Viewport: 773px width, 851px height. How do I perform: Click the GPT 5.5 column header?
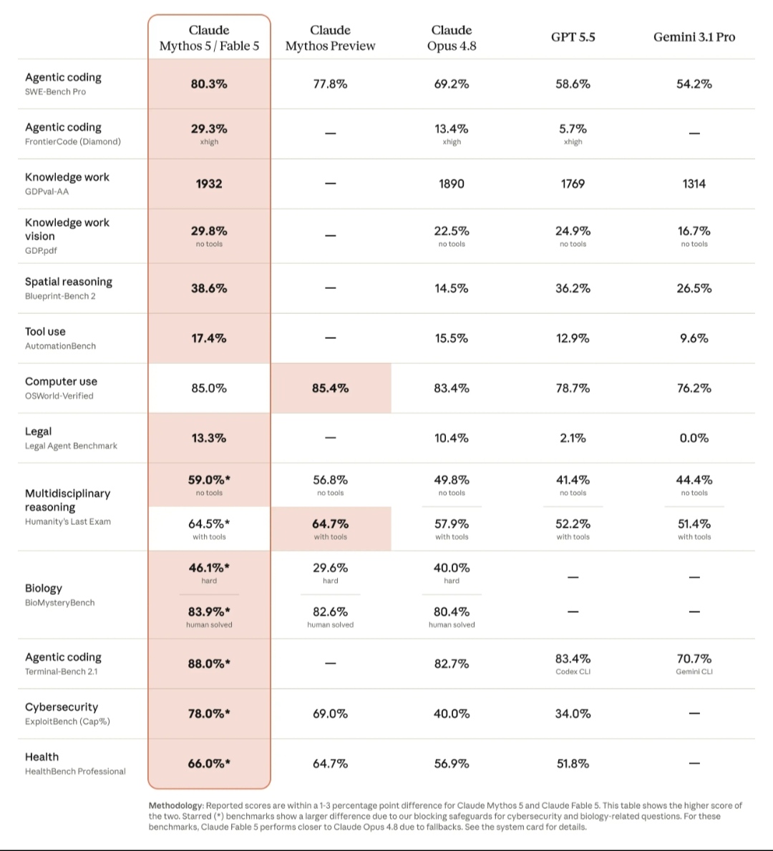[x=573, y=37]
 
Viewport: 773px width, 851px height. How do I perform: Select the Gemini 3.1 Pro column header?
[x=694, y=37]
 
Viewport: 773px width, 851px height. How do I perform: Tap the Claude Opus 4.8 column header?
[x=452, y=37]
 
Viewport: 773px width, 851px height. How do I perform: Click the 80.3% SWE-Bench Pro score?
[x=208, y=84]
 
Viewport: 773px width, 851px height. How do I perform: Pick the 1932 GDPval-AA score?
[x=208, y=184]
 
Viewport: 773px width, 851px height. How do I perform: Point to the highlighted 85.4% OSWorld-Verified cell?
[x=331, y=388]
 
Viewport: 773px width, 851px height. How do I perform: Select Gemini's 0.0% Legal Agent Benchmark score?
[x=694, y=438]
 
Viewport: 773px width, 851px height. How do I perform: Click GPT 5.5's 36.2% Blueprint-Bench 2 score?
[x=573, y=288]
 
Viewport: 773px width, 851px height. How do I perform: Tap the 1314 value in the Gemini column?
[x=694, y=184]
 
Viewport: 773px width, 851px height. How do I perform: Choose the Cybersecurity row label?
[x=62, y=707]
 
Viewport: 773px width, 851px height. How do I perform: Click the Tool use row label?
[x=45, y=331]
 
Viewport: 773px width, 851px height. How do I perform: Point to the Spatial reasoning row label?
[x=69, y=282]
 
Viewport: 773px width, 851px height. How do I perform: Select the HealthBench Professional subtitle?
[x=75, y=771]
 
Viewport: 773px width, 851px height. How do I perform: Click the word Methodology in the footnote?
[x=176, y=805]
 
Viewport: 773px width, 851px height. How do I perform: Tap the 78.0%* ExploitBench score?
[x=208, y=713]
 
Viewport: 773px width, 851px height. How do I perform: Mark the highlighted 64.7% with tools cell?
[x=331, y=528]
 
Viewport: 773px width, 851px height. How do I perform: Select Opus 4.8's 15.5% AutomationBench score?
[x=452, y=338]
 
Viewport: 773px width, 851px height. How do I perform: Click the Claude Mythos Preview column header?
[x=330, y=37]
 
